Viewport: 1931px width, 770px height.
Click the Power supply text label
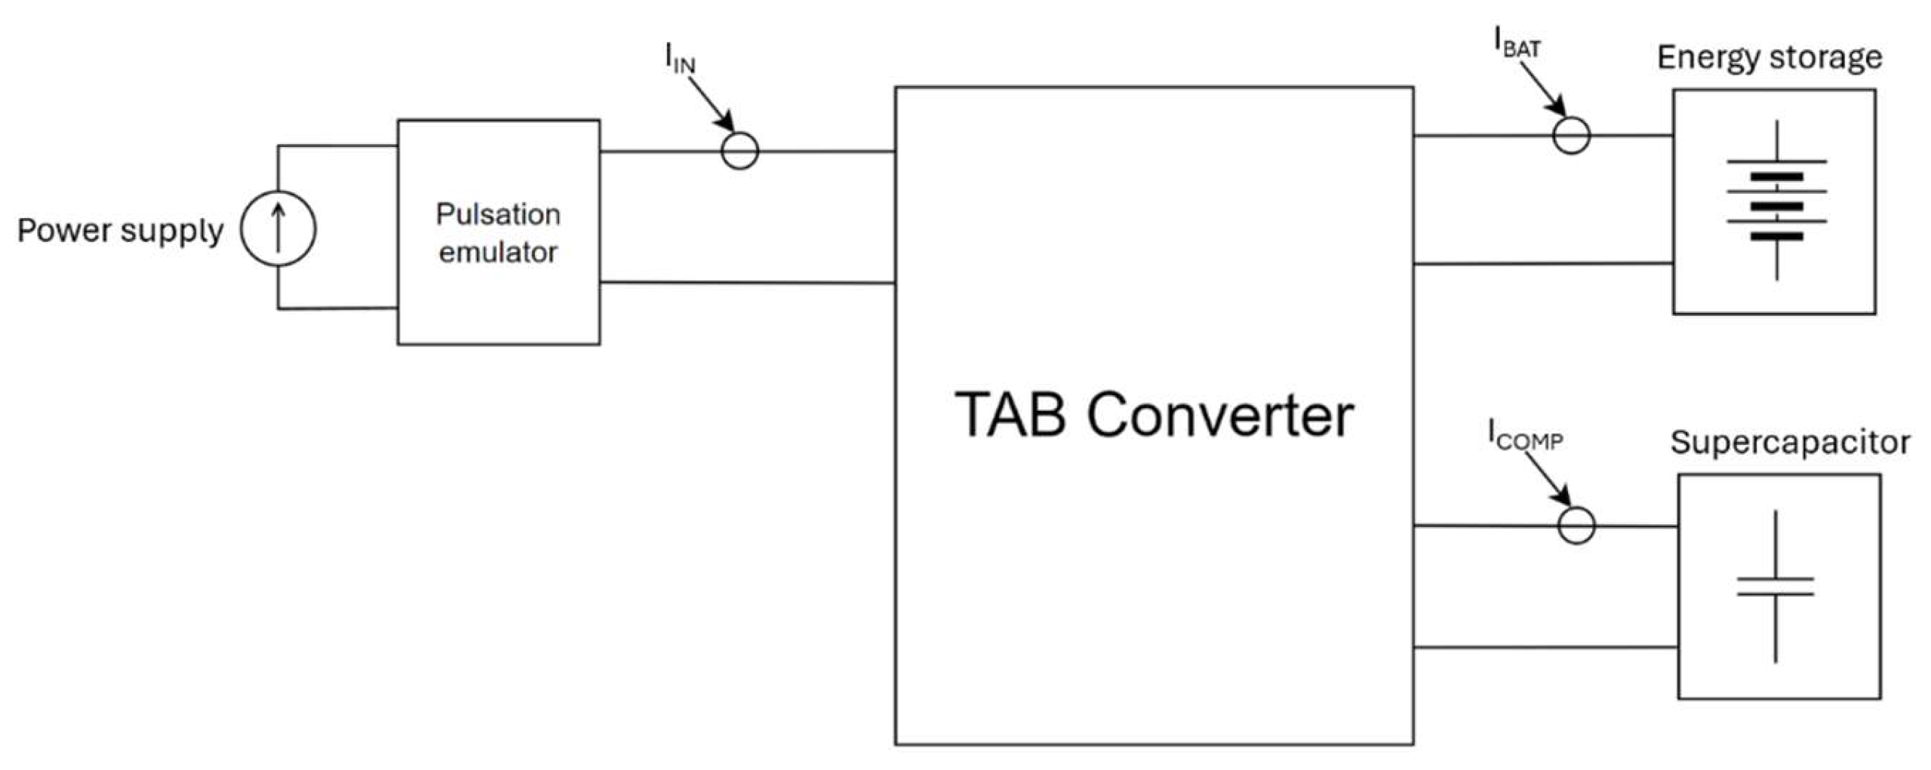[120, 230]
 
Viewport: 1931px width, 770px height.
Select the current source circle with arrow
[278, 229]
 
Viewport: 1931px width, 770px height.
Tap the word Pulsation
[498, 215]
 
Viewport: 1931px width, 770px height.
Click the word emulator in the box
[498, 253]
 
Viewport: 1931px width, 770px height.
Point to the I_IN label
[680, 59]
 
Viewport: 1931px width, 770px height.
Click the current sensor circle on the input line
[739, 151]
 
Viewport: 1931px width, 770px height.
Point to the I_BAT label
[1517, 43]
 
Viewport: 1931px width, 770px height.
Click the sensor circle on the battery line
[1572, 136]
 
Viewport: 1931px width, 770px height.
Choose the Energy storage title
[1769, 58]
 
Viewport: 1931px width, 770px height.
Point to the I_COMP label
[1524, 436]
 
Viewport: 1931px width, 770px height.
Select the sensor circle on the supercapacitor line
[1576, 526]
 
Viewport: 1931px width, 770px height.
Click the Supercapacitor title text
[1789, 443]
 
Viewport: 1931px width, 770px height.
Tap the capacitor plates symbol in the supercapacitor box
[1775, 587]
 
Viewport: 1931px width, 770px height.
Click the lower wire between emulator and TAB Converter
[747, 283]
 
